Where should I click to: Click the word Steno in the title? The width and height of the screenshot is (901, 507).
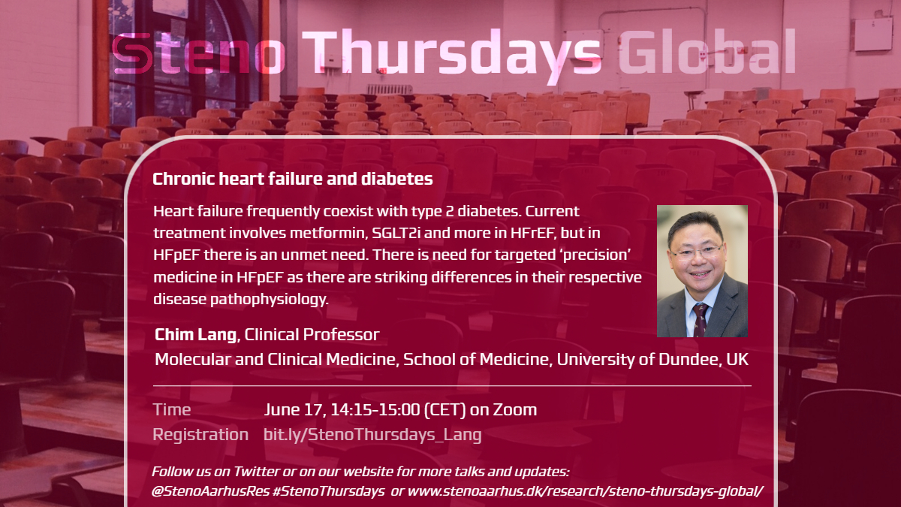198,53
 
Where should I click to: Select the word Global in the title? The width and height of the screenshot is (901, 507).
707,51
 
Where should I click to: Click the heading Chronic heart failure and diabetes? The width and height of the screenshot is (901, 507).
292,179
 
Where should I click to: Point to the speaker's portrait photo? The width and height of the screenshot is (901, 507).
702,271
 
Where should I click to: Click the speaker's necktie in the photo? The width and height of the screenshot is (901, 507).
701,321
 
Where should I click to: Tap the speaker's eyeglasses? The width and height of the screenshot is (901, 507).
697,252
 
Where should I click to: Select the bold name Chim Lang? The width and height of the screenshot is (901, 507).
195,335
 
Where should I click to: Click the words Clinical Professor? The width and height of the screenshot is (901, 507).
312,335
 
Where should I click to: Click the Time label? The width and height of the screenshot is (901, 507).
172,410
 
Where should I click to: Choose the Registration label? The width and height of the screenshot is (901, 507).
200,436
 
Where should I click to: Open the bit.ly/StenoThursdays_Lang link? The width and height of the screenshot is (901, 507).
372,436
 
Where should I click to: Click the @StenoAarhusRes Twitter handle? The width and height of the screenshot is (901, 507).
210,491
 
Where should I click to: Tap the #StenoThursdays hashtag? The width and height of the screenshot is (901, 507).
329,492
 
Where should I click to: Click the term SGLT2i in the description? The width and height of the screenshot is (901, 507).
396,234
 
